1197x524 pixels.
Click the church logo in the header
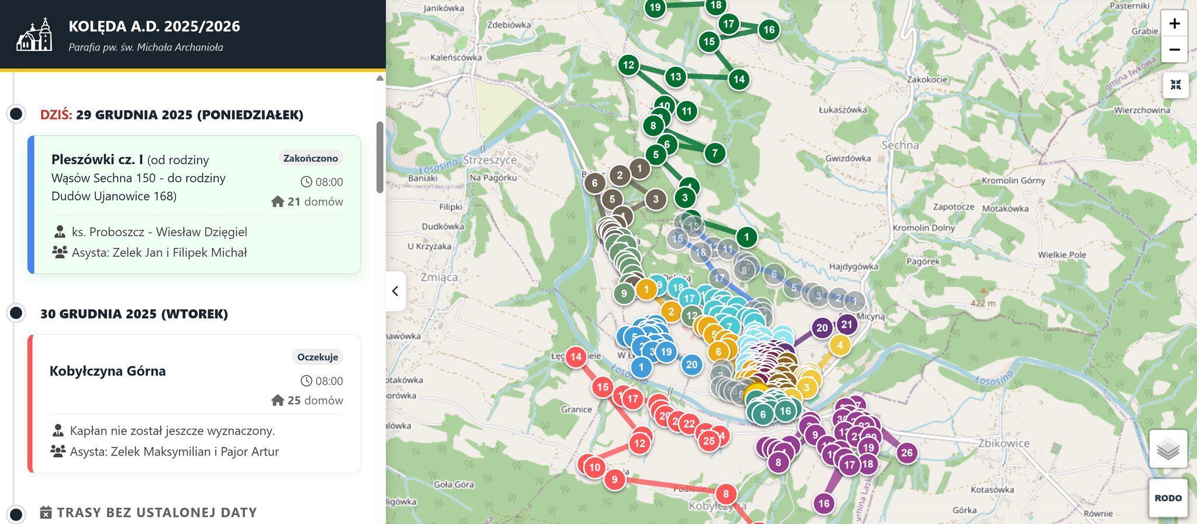pyautogui.click(x=35, y=35)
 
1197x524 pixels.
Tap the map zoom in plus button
pyautogui.click(x=1174, y=24)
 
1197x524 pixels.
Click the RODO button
pyautogui.click(x=1168, y=498)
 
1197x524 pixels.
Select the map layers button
pyautogui.click(x=1168, y=449)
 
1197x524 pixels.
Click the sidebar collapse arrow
pyautogui.click(x=396, y=291)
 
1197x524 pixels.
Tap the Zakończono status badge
pyautogui.click(x=310, y=158)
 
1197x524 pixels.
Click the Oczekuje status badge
pyautogui.click(x=317, y=357)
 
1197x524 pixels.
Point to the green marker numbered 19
pyautogui.click(x=655, y=8)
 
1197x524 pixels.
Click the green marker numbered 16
pyautogui.click(x=769, y=30)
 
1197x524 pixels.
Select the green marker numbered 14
pyautogui.click(x=739, y=79)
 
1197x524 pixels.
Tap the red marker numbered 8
pyautogui.click(x=725, y=494)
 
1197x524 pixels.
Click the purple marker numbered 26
pyautogui.click(x=907, y=452)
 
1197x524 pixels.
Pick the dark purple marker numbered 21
pyautogui.click(x=846, y=324)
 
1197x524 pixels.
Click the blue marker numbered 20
pyautogui.click(x=691, y=365)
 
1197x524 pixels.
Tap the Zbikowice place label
pyautogui.click(x=1004, y=443)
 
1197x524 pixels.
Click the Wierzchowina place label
pyautogui.click(x=1141, y=110)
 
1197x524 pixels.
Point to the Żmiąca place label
pyautogui.click(x=439, y=277)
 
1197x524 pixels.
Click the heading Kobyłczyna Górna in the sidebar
pyautogui.click(x=108, y=371)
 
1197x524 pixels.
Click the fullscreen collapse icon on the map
pyautogui.click(x=1175, y=85)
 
